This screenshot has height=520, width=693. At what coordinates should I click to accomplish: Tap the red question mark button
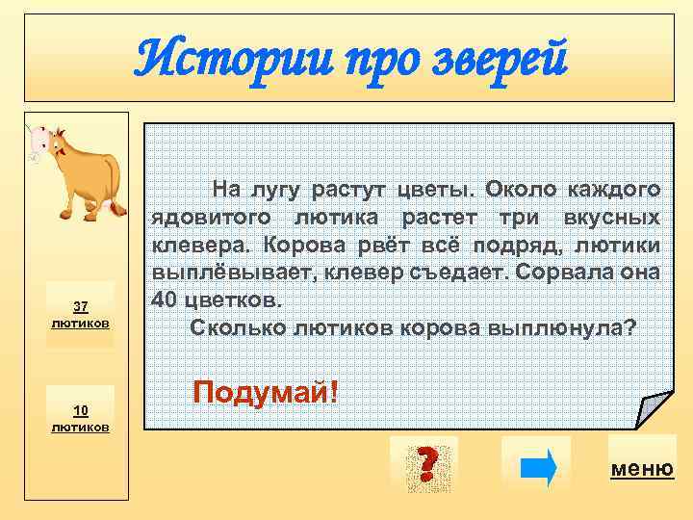click(x=424, y=464)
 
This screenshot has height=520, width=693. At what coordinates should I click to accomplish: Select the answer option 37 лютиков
click(x=81, y=314)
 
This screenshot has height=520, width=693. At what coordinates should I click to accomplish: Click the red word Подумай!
click(x=266, y=392)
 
